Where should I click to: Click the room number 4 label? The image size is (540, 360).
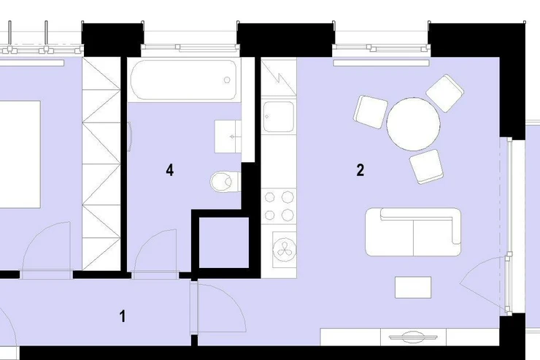[x=170, y=170]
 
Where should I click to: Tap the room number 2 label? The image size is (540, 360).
[x=360, y=170]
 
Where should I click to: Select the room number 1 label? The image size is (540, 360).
[x=123, y=316]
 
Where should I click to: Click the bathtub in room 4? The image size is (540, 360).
[x=184, y=80]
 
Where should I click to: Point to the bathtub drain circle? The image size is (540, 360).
[x=227, y=80]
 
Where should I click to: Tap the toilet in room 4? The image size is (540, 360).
[x=225, y=181]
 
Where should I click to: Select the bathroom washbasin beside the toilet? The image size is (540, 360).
[x=228, y=137]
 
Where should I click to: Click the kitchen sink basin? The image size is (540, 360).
[x=279, y=116]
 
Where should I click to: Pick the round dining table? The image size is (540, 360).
[x=413, y=124]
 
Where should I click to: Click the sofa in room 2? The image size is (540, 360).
[x=413, y=232]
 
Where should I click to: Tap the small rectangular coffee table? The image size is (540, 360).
[x=413, y=287]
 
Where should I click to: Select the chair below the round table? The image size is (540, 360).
[x=426, y=166]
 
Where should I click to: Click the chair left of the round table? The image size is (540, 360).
[x=371, y=112]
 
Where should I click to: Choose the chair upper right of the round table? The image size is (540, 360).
[x=445, y=93]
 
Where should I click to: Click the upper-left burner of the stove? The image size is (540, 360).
[x=269, y=197]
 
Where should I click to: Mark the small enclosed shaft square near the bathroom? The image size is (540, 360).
[x=224, y=242]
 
